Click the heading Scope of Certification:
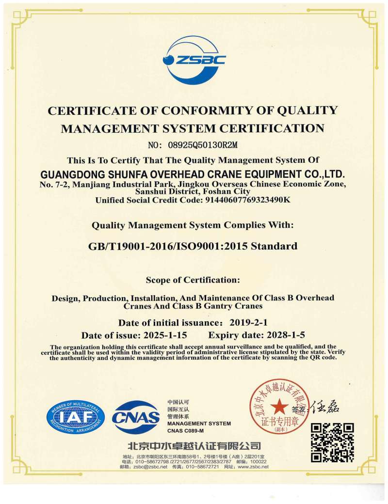pos(193,280)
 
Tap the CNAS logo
pos(136,417)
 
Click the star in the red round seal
pos(279,406)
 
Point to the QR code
pos(332,442)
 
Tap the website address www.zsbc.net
pos(253,467)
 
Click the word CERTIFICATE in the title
pos(84,110)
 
